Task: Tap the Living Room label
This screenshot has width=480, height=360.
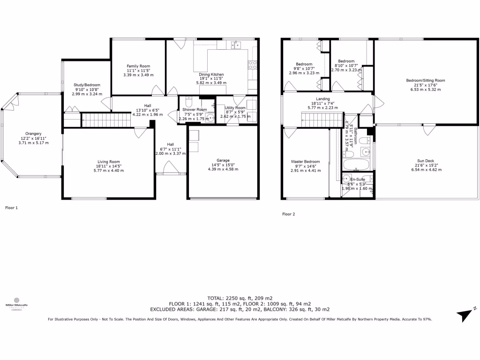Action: pyautogui.click(x=108, y=161)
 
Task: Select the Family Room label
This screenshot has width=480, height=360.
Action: pyautogui.click(x=138, y=66)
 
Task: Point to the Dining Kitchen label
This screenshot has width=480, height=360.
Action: pyautogui.click(x=211, y=75)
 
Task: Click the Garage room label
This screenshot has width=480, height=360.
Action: pyautogui.click(x=223, y=160)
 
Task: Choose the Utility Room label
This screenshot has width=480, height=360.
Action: pyautogui.click(x=235, y=108)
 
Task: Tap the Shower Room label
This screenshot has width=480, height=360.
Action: pyautogui.click(x=195, y=110)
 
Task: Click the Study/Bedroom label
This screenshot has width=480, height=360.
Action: pyautogui.click(x=87, y=85)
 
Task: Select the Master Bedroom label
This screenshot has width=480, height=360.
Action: pyautogui.click(x=304, y=162)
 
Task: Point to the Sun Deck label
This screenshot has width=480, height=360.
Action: pyautogui.click(x=427, y=161)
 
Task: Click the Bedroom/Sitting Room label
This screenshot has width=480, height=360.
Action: pyautogui.click(x=425, y=80)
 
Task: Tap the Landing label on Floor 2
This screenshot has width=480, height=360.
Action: pyautogui.click(x=322, y=98)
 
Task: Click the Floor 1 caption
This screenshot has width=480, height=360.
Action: pyautogui.click(x=11, y=207)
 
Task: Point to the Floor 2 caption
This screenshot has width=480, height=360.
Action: pyautogui.click(x=289, y=214)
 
